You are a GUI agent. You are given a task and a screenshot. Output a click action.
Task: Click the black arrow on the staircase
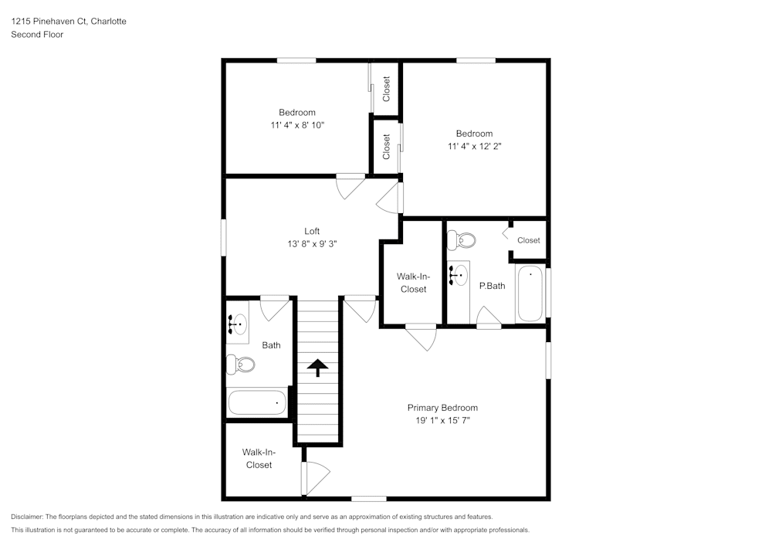(x=317, y=368)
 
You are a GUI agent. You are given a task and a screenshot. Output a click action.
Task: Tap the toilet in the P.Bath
(x=463, y=240)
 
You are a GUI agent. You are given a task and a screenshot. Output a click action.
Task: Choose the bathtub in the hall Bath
(x=257, y=402)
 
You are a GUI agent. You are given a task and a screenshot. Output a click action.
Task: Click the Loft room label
(x=312, y=231)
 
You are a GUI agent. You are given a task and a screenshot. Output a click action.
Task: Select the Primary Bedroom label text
(x=442, y=408)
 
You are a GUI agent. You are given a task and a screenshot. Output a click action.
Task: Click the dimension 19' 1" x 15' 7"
(x=442, y=421)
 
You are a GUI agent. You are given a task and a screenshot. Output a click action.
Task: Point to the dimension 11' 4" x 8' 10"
(x=297, y=125)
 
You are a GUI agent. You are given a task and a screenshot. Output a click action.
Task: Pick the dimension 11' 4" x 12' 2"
(x=474, y=146)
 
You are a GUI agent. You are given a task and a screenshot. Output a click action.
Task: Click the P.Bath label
(x=492, y=286)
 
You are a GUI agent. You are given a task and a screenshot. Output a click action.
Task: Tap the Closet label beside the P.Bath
(x=529, y=240)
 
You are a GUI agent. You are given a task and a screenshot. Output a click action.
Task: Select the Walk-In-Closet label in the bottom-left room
(x=259, y=459)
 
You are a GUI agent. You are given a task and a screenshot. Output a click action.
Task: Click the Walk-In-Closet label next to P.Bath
(x=413, y=283)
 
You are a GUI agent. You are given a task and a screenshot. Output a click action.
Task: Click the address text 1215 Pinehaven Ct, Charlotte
(x=69, y=22)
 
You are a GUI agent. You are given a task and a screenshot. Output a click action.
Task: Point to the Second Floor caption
(x=37, y=35)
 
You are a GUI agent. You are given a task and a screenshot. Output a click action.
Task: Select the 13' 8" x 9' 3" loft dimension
(x=312, y=243)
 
